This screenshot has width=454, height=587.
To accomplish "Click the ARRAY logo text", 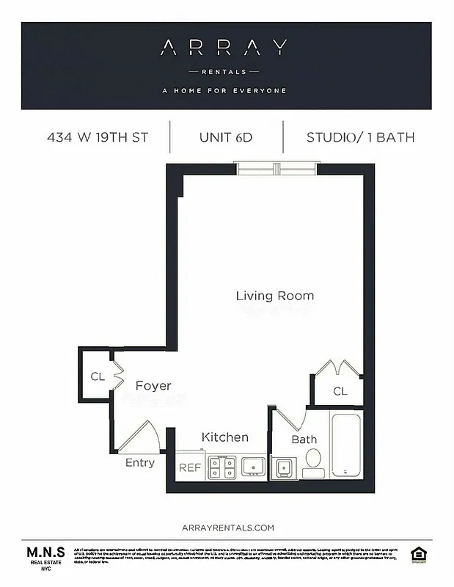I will click(x=224, y=48).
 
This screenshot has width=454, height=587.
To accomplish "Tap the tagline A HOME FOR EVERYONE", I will click(x=224, y=91).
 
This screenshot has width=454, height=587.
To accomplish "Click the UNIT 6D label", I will click(x=226, y=137).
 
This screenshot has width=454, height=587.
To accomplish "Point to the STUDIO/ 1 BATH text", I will click(x=360, y=137).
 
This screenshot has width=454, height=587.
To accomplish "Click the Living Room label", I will click(x=274, y=296).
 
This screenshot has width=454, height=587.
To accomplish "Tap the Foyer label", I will click(x=153, y=385).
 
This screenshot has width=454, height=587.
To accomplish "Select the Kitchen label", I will click(x=225, y=437).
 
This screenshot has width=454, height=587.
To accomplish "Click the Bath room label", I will click(x=304, y=440).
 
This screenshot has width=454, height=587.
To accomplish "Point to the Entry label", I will click(x=140, y=462).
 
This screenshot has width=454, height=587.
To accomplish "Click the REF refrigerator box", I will click(x=190, y=467).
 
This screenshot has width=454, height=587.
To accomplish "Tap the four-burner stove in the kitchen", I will click(x=221, y=467).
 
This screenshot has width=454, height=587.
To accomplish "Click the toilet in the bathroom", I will click(x=313, y=462).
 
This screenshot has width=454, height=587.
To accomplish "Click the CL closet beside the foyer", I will click(x=97, y=376).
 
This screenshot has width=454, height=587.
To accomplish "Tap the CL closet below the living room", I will click(x=340, y=391).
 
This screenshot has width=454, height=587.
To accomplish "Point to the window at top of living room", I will click(x=277, y=169).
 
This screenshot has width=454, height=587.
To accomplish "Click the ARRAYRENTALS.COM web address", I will click(x=227, y=527).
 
